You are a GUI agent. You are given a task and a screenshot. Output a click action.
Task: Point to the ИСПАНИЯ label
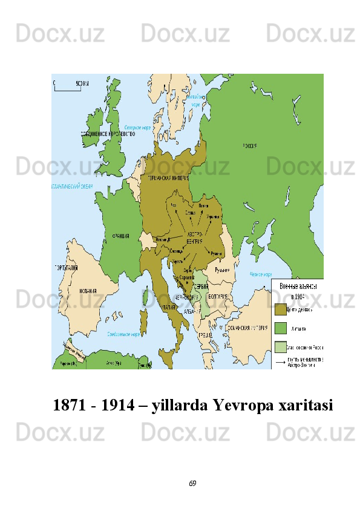(x=88, y=291)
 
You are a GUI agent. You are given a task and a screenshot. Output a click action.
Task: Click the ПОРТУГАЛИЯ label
(x=66, y=268)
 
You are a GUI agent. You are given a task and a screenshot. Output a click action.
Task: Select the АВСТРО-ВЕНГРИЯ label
(x=195, y=238)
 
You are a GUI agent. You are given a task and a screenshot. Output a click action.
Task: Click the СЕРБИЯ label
(x=201, y=286)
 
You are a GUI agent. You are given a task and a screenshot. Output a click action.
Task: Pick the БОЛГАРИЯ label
(x=217, y=297)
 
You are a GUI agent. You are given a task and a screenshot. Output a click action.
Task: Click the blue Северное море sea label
(x=137, y=128)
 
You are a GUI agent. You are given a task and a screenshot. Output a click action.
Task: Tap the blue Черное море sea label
(x=261, y=274)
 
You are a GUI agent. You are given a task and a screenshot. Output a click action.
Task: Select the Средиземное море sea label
(x=123, y=334)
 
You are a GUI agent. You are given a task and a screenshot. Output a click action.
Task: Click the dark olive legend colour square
(x=280, y=310)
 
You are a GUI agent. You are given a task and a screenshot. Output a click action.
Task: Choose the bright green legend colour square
(x=280, y=328)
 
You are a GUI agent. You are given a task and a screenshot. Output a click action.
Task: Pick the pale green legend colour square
(x=280, y=347)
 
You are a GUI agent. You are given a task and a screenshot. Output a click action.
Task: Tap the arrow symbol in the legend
(x=280, y=361)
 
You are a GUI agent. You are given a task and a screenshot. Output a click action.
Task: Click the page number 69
(x=192, y=484)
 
